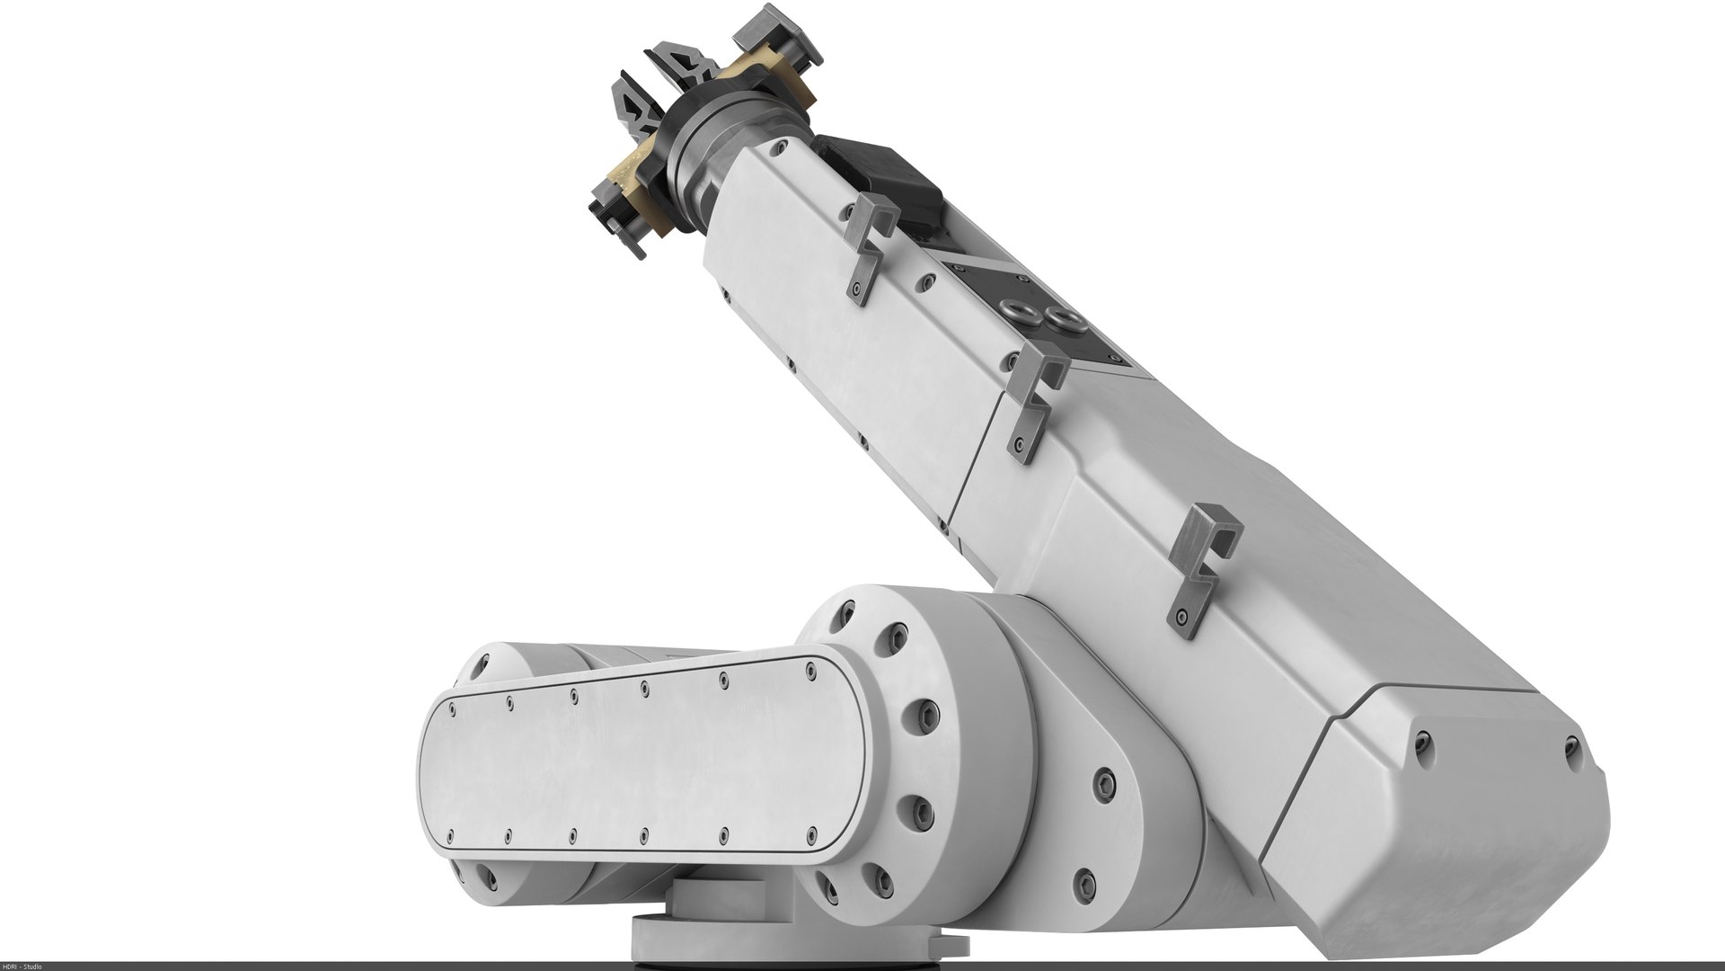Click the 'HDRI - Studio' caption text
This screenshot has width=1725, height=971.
[25, 966]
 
